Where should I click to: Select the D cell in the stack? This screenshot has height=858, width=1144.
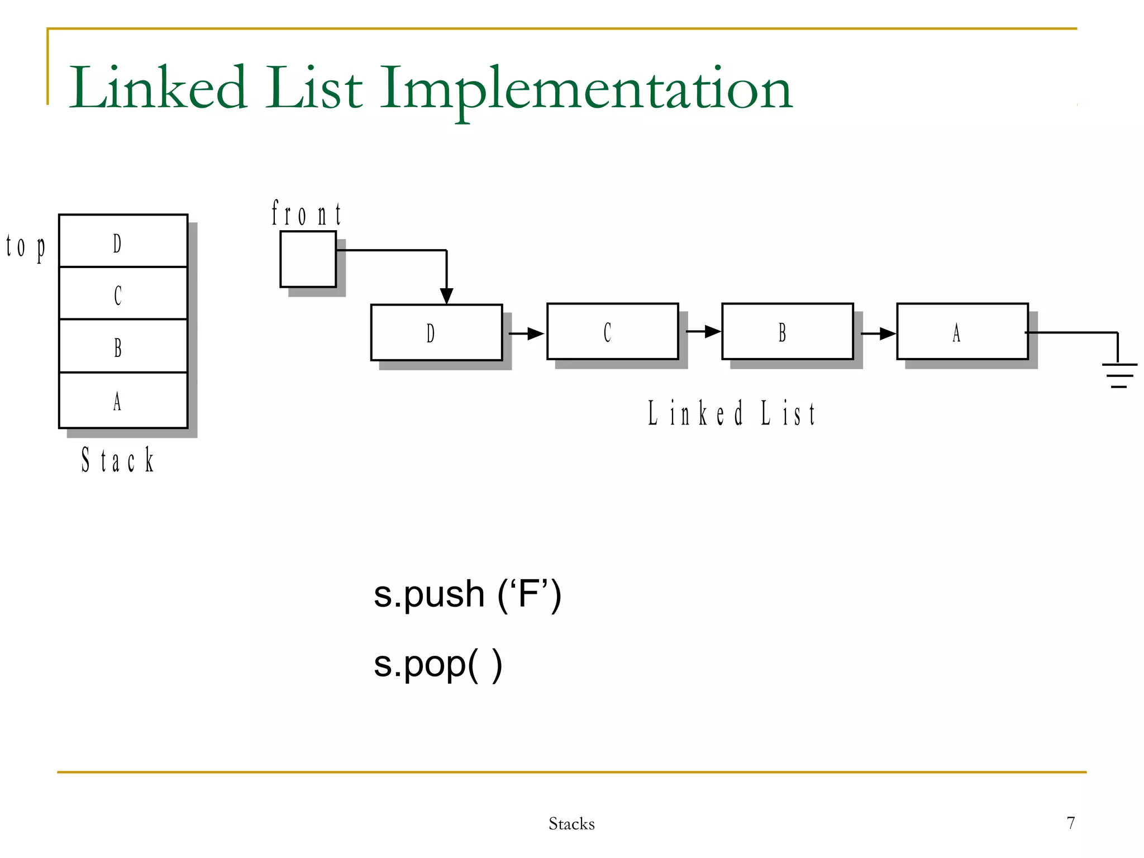tap(123, 241)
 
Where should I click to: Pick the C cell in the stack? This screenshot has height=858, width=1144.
tap(123, 294)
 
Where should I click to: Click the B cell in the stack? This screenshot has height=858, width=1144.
tap(123, 346)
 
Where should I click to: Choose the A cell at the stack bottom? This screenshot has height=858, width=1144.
tap(123, 400)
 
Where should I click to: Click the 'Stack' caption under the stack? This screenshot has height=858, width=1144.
tap(117, 460)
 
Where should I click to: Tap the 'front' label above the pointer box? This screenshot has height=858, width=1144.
tap(306, 214)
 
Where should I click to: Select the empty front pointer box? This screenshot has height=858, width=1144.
tap(308, 259)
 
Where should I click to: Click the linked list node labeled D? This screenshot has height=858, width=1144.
tap(436, 333)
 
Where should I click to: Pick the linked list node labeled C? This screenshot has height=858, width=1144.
tap(612, 332)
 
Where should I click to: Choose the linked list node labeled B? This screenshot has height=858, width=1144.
tap(787, 332)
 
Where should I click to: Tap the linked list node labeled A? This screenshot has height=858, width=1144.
tap(962, 332)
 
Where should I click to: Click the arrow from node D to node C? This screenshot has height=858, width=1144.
tap(526, 334)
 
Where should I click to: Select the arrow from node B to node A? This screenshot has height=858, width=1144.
tap(878, 334)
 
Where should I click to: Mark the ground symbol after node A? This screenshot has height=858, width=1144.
tap(1119, 374)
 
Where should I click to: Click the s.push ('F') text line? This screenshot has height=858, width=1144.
tap(467, 594)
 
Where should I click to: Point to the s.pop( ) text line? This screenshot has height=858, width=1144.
tap(437, 664)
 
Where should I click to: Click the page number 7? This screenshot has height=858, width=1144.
tap(1070, 823)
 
